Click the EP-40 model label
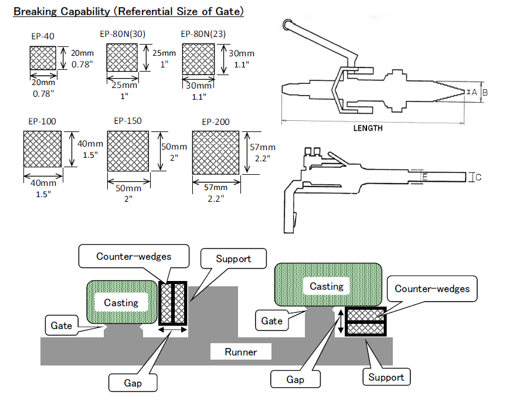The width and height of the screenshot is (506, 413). (42, 36)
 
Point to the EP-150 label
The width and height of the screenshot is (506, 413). (127, 121)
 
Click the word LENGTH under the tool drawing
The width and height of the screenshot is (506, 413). (368, 128)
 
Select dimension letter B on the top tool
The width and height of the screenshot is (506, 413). (484, 92)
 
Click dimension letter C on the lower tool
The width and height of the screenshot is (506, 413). (478, 177)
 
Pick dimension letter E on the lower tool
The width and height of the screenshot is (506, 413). (425, 177)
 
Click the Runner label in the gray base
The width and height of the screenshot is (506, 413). (240, 352)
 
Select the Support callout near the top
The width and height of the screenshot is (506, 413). (233, 259)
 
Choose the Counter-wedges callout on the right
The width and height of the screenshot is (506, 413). (432, 289)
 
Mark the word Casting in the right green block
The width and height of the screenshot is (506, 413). (327, 286)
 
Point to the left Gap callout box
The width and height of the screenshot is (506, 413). (133, 381)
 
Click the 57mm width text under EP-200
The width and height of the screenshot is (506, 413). (217, 187)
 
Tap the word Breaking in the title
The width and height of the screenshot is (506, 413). (35, 11)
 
